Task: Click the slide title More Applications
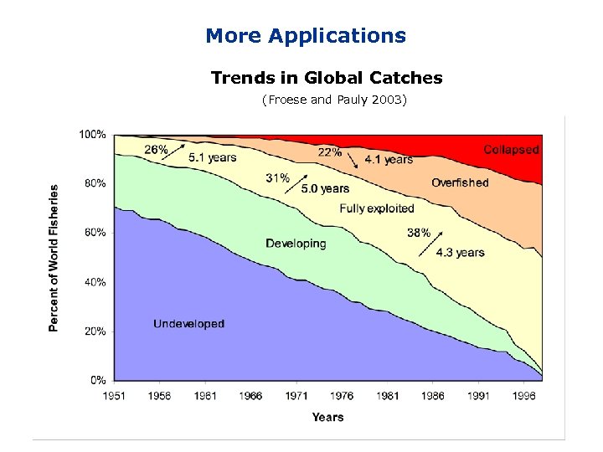pos(305,36)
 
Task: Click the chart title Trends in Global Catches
pos(327,78)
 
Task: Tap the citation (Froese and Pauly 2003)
pos(333,100)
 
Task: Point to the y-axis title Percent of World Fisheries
pos(54,258)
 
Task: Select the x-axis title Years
pos(327,416)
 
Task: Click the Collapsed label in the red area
pos(511,150)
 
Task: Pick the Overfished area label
pos(460,182)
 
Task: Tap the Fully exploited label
pos(377,208)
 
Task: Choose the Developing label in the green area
pos(296,244)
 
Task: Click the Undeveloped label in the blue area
pos(188,324)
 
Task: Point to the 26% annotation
pos(156,150)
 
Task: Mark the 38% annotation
pos(419,234)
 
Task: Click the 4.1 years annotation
pos(389,159)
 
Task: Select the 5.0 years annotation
pos(325,189)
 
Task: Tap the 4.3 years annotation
pos(460,252)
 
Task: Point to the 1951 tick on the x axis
pos(115,396)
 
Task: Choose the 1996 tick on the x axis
pos(524,396)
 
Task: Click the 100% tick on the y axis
pos(92,134)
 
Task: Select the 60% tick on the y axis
pos(95,233)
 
